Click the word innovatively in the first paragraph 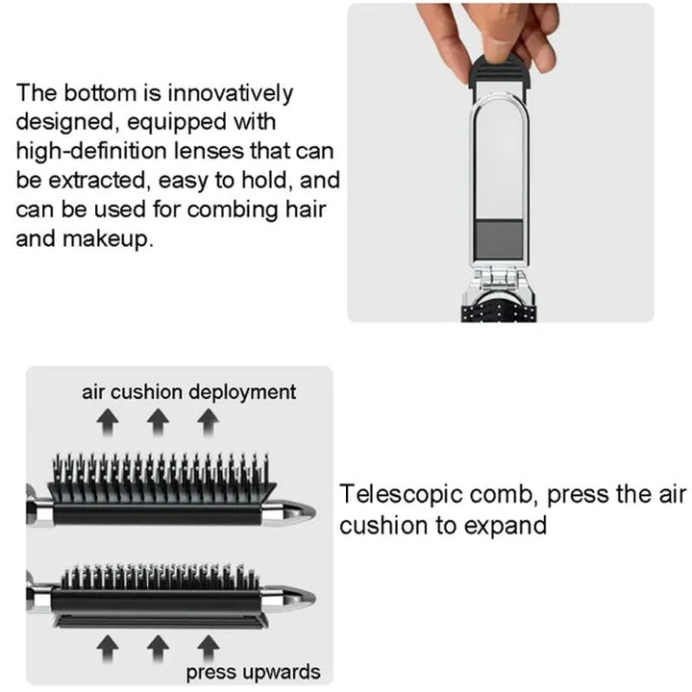click(x=231, y=94)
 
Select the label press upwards click(x=254, y=671)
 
